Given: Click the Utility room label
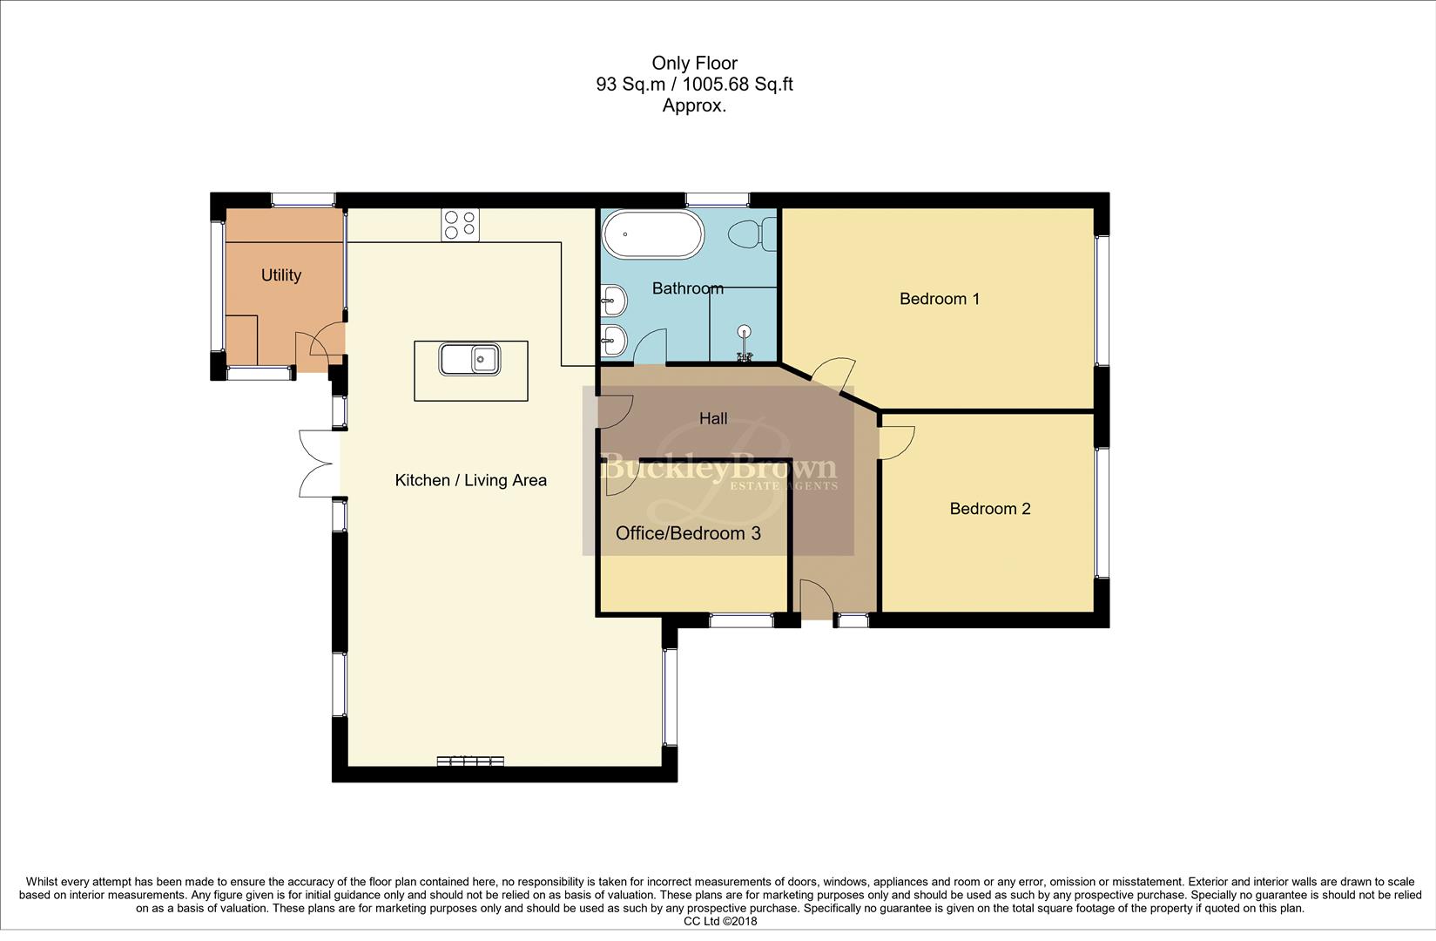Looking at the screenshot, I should (281, 275).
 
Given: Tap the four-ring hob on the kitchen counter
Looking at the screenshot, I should (460, 224).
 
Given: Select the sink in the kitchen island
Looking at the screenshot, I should (469, 359).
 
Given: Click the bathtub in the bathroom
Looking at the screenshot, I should (652, 234).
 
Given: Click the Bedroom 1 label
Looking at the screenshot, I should (939, 299).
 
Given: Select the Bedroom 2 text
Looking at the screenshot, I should (989, 509).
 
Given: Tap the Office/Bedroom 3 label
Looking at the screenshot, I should (688, 533).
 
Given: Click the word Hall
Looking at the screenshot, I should (713, 419).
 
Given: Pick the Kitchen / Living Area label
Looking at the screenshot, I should (470, 480).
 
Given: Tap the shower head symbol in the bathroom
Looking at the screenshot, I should (744, 332).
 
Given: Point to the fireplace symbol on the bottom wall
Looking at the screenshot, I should (470, 762).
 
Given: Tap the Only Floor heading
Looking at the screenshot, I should (694, 63).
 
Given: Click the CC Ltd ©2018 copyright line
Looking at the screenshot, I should (720, 921).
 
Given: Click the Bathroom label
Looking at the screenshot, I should (687, 288).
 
